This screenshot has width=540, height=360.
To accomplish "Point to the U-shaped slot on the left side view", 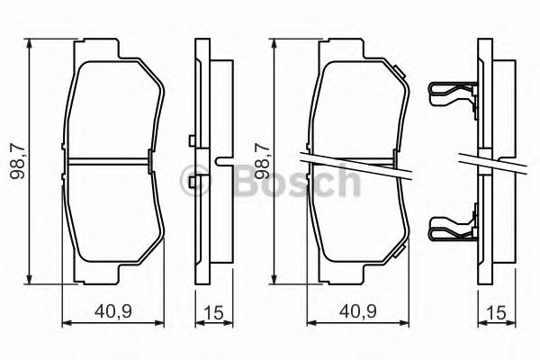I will click(x=221, y=162).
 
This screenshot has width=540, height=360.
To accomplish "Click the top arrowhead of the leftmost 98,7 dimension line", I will click(x=31, y=43).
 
